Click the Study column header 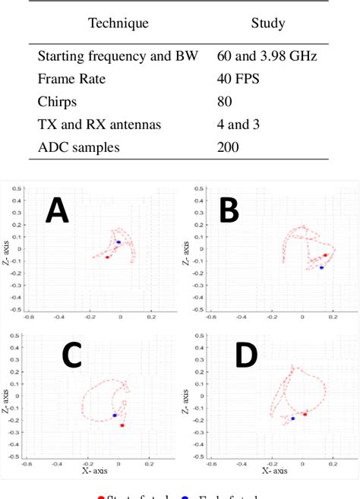point(267,24)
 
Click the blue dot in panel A point(118,242)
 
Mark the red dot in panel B point(325,255)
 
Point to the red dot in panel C point(122,425)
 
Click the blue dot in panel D point(293,418)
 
